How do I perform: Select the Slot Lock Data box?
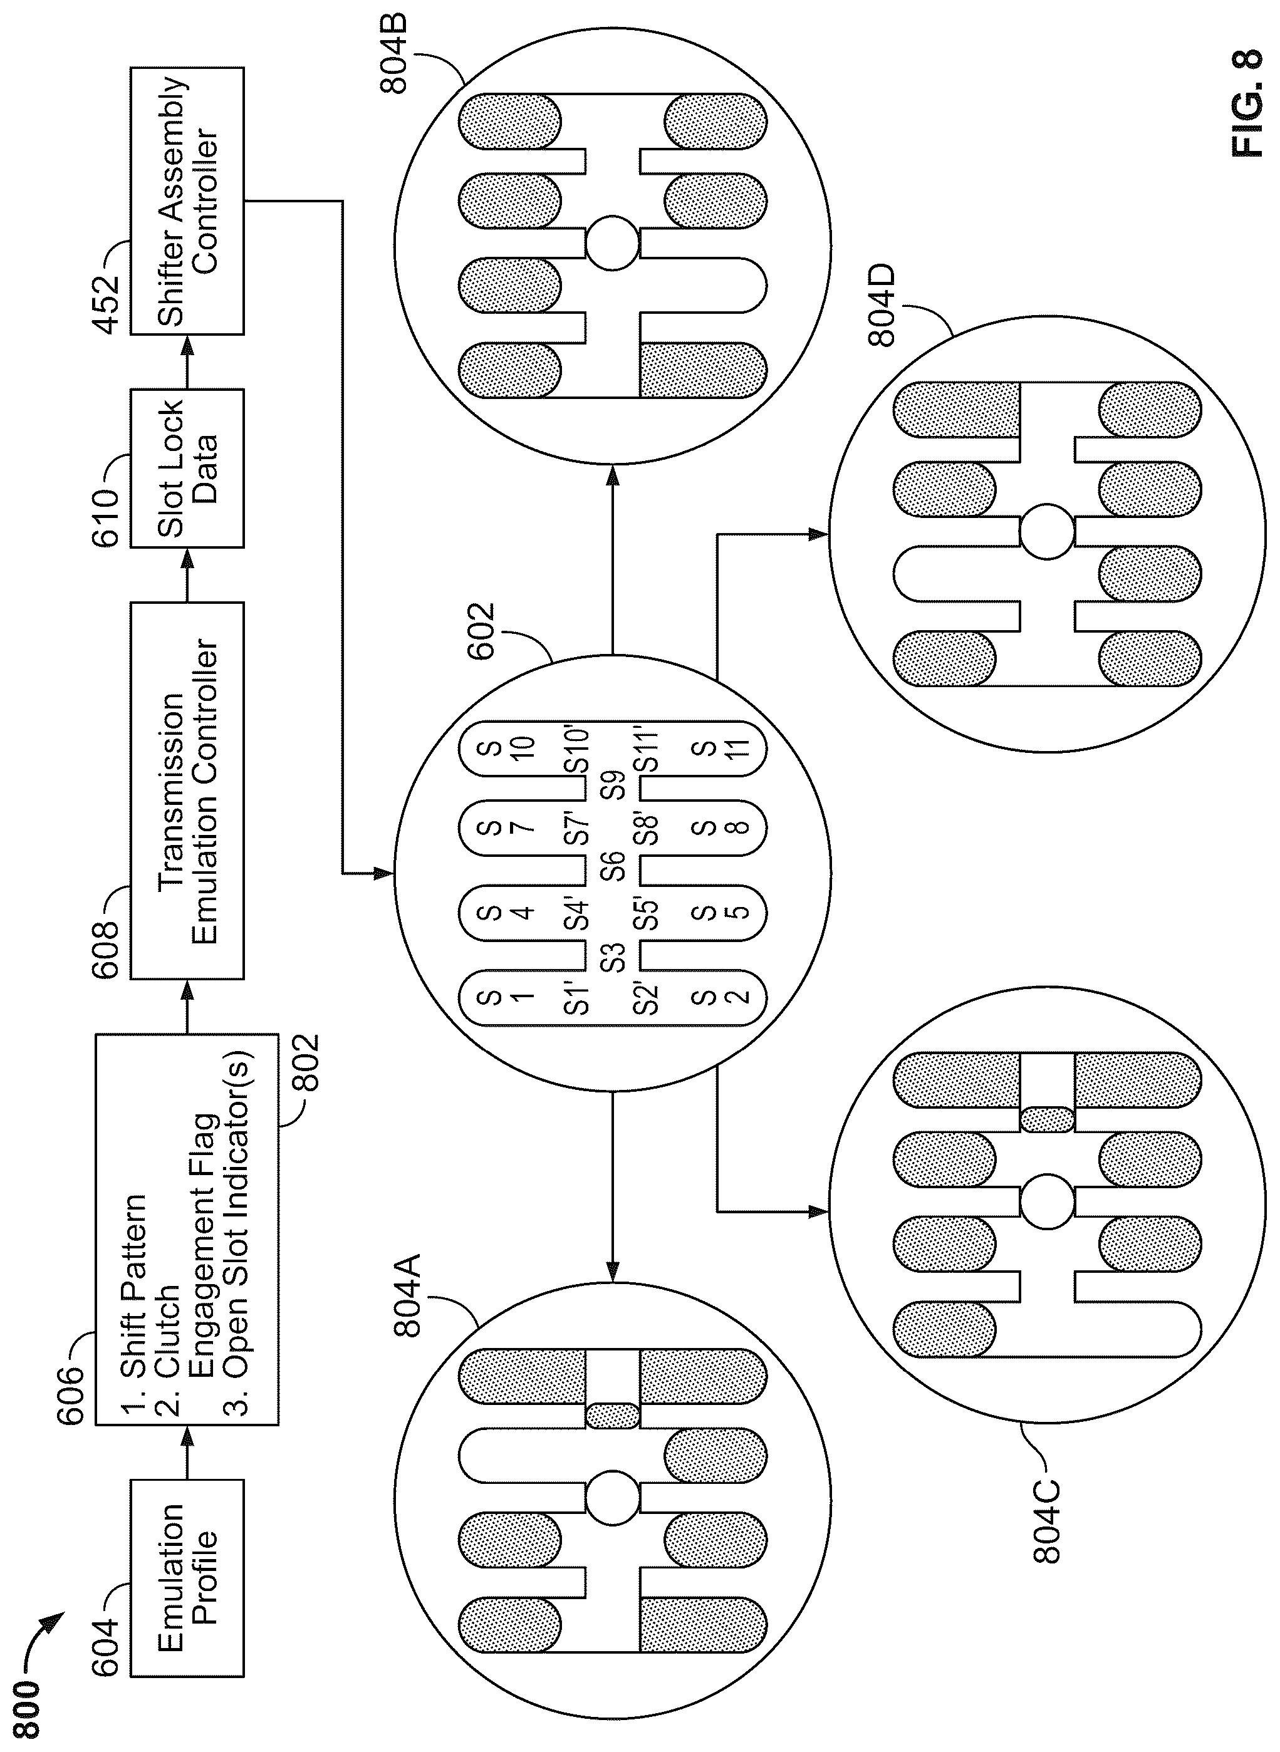click(x=187, y=469)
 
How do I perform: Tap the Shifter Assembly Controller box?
click(x=187, y=201)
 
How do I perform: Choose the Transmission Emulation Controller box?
click(x=187, y=790)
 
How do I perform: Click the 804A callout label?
click(x=407, y=1295)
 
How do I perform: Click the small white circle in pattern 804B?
click(x=612, y=243)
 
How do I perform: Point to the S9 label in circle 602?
click(x=613, y=785)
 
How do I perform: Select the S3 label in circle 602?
click(x=613, y=957)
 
